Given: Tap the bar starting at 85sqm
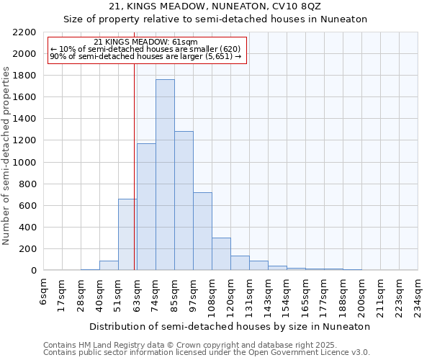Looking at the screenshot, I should click(184, 201).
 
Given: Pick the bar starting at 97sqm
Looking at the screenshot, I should click(202, 231).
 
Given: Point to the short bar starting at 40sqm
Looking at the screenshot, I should click(109, 265).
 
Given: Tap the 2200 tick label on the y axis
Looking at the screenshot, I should click(24, 32).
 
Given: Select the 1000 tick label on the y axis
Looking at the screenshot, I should click(24, 163).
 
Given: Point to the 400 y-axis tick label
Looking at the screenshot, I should click(27, 228).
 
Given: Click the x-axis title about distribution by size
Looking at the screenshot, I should click(231, 326).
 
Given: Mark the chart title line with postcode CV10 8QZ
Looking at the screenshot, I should click(215, 6).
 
